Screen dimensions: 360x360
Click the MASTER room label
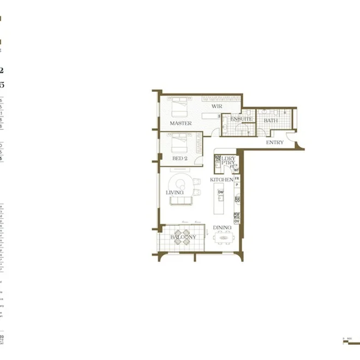pyautogui.click(x=181, y=124)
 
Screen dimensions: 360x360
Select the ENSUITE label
pyautogui.click(x=241, y=119)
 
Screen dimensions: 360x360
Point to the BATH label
pyautogui.click(x=270, y=121)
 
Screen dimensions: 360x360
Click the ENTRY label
pyautogui.click(x=274, y=142)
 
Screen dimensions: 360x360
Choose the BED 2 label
pyautogui.click(x=179, y=158)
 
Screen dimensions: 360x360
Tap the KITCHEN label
pyautogui.click(x=223, y=180)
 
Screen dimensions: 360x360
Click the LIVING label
pyautogui.click(x=175, y=193)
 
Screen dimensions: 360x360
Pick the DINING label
pyautogui.click(x=222, y=228)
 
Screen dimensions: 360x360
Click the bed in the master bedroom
pyautogui.click(x=181, y=106)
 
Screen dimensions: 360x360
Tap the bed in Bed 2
pyautogui.click(x=179, y=143)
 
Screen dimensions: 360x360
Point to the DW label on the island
pyautogui.click(x=220, y=192)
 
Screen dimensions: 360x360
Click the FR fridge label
pyautogui.click(x=237, y=178)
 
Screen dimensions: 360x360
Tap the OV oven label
pyautogui.click(x=237, y=221)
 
